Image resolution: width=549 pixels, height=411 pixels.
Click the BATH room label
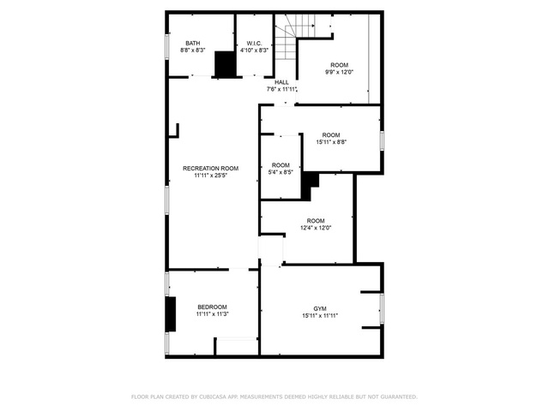[x=193, y=44]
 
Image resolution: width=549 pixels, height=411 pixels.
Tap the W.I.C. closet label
[x=254, y=44]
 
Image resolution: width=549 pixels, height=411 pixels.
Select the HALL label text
[x=281, y=82]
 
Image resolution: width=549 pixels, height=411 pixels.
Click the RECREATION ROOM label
[x=211, y=169]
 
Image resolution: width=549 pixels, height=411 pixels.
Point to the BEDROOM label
[x=212, y=307]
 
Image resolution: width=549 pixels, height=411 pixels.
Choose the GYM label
[x=320, y=309]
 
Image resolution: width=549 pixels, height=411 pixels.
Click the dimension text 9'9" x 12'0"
[x=340, y=72]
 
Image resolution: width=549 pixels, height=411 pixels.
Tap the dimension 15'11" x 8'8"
[x=331, y=142]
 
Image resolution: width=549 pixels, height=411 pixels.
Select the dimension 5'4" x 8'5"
[x=281, y=172]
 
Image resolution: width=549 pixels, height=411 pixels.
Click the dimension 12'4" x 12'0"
[x=316, y=228]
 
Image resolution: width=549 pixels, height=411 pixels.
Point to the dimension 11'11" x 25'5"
[x=211, y=176]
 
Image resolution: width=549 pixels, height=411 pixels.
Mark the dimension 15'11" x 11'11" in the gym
[x=320, y=316]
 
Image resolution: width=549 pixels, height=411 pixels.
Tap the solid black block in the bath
[x=225, y=64]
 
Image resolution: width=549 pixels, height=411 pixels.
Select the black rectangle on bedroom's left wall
[x=171, y=314]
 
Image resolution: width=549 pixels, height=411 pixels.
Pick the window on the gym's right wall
[x=382, y=308]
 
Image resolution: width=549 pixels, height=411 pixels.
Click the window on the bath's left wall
[x=167, y=45]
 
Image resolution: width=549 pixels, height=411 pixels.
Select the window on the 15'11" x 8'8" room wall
[x=382, y=140]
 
